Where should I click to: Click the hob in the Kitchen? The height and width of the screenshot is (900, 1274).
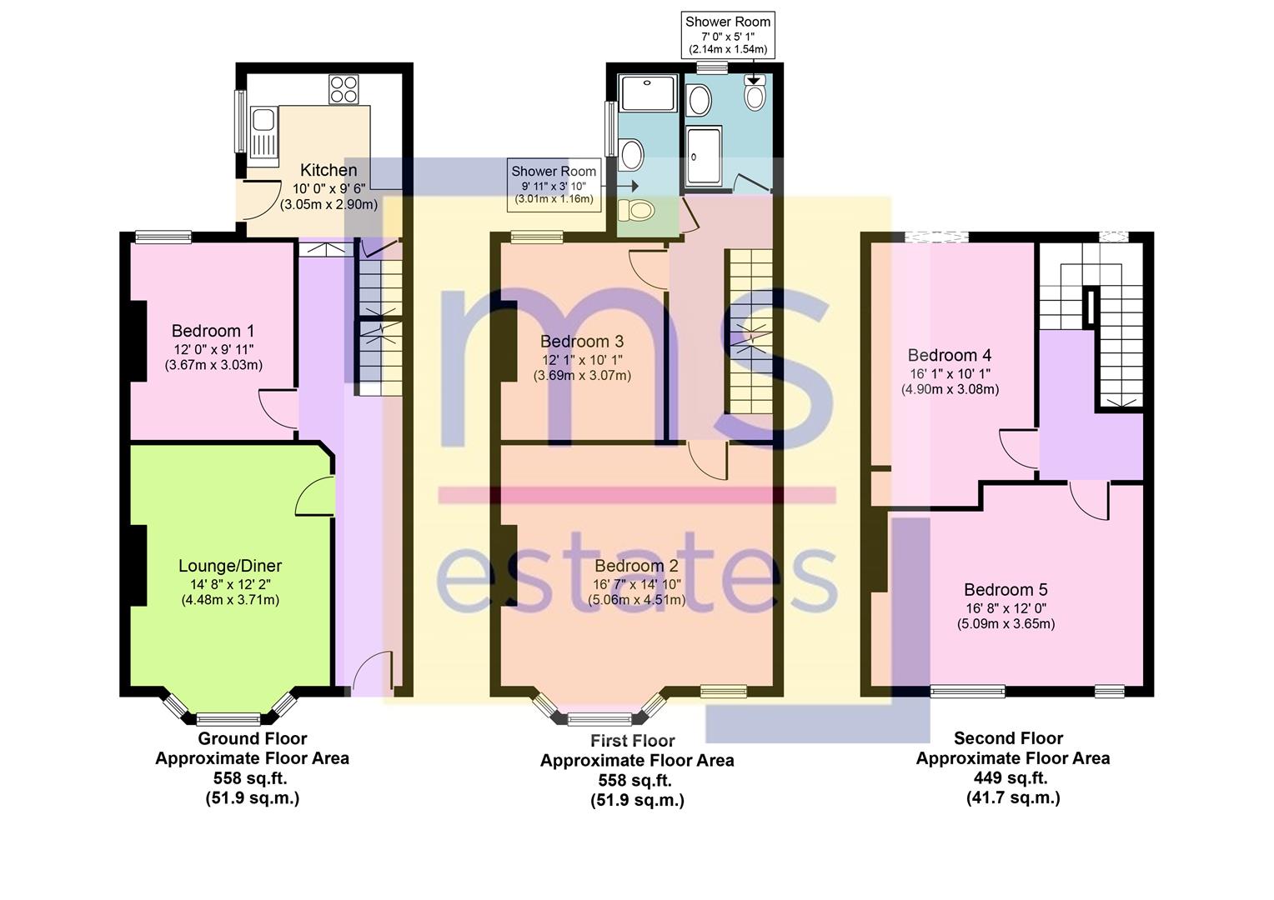point(344,89)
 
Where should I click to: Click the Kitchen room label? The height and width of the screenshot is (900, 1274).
point(329,170)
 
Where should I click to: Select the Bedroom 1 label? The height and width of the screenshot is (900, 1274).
point(213,331)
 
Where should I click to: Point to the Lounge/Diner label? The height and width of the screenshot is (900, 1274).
point(230,566)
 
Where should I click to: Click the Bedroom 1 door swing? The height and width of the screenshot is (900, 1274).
point(277,408)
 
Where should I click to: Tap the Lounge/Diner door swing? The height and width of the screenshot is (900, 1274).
point(314,497)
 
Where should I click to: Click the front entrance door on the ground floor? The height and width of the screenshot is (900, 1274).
point(373,673)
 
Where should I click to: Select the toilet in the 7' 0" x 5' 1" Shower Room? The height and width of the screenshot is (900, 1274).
point(755,92)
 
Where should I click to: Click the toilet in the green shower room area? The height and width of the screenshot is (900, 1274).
point(636,211)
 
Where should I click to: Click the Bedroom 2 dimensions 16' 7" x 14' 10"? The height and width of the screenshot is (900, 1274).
point(637,584)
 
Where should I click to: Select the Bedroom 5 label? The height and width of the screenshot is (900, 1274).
point(1006,589)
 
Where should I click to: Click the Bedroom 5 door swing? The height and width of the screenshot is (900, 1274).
point(1089,500)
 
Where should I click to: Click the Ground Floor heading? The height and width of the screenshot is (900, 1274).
point(253,738)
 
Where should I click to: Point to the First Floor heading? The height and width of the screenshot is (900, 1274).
point(633,741)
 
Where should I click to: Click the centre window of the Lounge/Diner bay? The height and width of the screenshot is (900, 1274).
point(228,718)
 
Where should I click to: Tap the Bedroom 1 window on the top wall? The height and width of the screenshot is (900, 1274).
point(163,237)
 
